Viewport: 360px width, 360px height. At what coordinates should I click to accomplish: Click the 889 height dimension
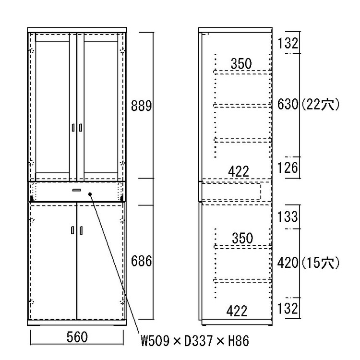click(x=142, y=106)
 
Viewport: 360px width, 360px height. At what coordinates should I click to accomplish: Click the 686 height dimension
click(x=142, y=261)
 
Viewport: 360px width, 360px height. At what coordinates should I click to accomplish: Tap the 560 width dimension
click(x=77, y=337)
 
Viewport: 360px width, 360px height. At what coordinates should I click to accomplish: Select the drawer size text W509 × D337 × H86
click(x=195, y=341)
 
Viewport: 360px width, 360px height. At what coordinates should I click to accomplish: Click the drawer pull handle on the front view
click(x=76, y=190)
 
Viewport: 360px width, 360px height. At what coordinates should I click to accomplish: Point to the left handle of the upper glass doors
click(x=73, y=128)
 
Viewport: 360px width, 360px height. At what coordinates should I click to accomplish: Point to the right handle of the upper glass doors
click(x=81, y=128)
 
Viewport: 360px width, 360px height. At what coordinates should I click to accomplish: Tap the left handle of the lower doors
click(x=72, y=230)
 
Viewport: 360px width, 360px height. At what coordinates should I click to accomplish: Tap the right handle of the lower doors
click(x=81, y=230)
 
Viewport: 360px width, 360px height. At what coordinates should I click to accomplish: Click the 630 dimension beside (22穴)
click(x=288, y=104)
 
